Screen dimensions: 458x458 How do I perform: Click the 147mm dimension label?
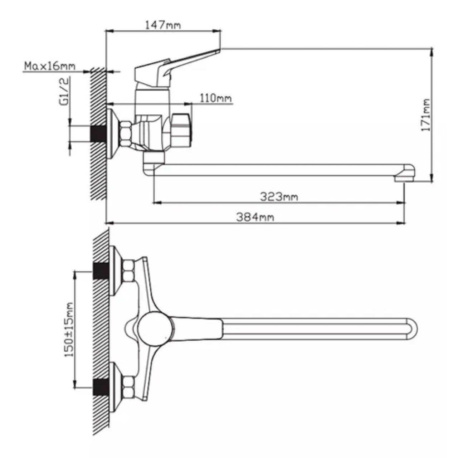tap(163, 25)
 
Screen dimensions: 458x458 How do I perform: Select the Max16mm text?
tap(50, 66)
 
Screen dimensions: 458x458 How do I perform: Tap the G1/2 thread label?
tap(64, 92)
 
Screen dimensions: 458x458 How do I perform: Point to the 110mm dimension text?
tap(215, 97)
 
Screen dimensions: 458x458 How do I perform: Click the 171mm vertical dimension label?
tap(426, 115)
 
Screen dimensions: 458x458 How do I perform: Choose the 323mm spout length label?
tap(279, 196)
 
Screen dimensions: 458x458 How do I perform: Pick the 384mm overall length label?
tap(255, 217)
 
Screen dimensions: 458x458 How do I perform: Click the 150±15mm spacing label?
tap(69, 330)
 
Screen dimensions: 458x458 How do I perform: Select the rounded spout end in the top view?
tap(411, 328)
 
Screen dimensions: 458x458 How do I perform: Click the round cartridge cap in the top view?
tap(155, 328)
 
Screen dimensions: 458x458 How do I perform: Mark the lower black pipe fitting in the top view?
tap(101, 387)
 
